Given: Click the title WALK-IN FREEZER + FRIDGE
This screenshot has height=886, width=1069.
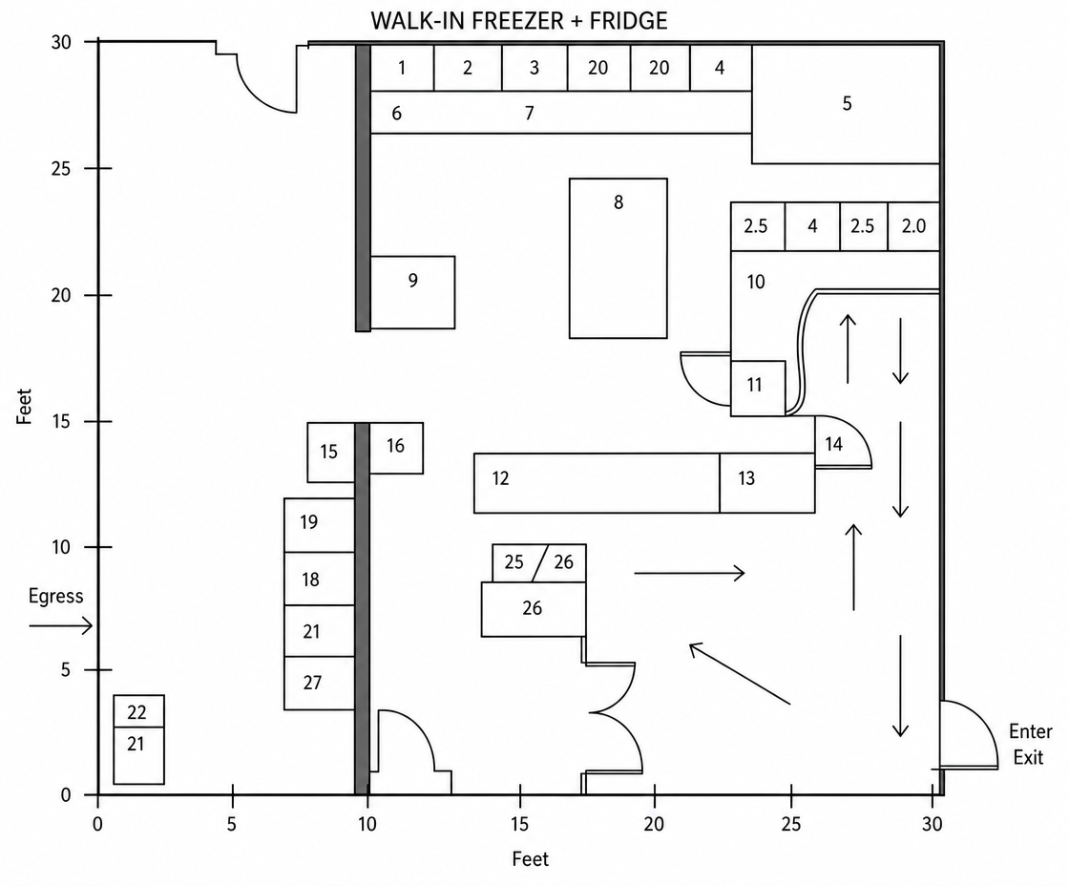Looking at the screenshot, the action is pyautogui.click(x=519, y=21).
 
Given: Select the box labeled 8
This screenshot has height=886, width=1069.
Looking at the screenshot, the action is pyautogui.click(x=618, y=259).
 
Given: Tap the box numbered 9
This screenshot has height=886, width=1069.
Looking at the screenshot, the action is pyautogui.click(x=412, y=292).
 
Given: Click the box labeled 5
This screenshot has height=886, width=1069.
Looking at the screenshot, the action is pyautogui.click(x=846, y=104).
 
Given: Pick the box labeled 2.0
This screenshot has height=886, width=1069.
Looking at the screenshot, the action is pyautogui.click(x=913, y=226).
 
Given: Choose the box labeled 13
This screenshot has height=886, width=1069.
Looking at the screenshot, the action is pyautogui.click(x=767, y=483).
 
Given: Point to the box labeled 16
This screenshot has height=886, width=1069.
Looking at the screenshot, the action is pyautogui.click(x=396, y=448).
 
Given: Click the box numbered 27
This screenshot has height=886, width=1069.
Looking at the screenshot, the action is pyautogui.click(x=319, y=684).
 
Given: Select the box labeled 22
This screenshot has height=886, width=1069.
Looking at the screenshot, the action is pyautogui.click(x=139, y=711).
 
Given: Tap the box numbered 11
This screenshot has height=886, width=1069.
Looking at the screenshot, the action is pyautogui.click(x=758, y=388).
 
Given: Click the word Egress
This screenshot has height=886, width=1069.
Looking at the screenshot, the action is pyautogui.click(x=56, y=596).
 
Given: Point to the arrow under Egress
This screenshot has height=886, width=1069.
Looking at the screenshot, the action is pyautogui.click(x=61, y=625).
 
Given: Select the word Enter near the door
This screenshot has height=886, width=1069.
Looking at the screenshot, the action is pyautogui.click(x=1030, y=732).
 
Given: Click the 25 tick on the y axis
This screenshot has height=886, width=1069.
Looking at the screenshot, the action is pyautogui.click(x=104, y=168).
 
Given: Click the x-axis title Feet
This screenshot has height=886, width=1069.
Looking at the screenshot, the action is pyautogui.click(x=531, y=859).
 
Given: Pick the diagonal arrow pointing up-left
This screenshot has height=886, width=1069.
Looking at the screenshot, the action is pyautogui.click(x=740, y=674).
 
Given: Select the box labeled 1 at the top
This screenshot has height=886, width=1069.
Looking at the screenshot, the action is pyautogui.click(x=402, y=68).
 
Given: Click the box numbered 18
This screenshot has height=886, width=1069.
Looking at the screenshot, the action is pyautogui.click(x=319, y=580).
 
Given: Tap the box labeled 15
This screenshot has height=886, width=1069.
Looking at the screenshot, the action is pyautogui.click(x=331, y=453).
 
